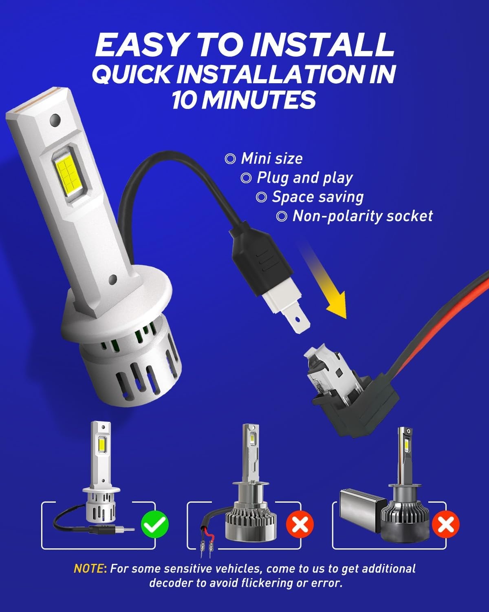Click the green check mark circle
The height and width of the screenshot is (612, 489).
[x=154, y=524]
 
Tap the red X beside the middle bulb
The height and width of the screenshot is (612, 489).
[x=300, y=524]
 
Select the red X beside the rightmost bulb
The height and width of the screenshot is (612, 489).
[x=445, y=524]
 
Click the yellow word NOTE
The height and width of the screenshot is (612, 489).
[x=88, y=568]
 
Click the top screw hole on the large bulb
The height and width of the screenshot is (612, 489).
[x=55, y=120]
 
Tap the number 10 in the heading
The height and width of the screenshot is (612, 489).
[x=184, y=100]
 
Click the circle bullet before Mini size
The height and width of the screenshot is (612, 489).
[x=230, y=159]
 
